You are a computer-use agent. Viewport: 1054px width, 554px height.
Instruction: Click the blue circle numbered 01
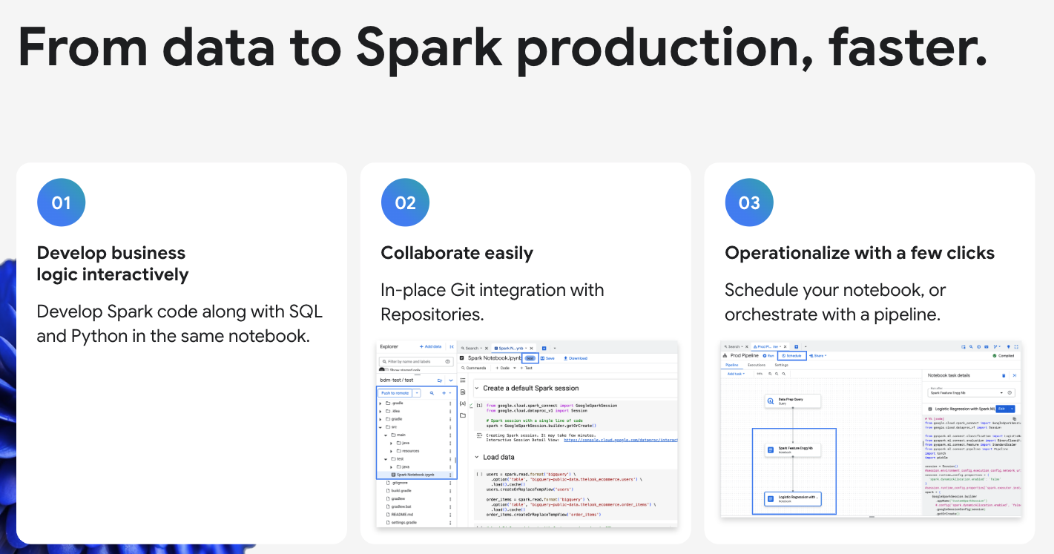coord(61,202)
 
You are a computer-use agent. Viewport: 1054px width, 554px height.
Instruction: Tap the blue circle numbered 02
coord(405,202)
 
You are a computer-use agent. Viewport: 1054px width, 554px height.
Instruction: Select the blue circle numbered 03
coord(749,202)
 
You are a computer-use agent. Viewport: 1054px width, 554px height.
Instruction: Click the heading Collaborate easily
coord(457,253)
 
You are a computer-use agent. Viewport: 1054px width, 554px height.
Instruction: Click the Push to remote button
coord(395,393)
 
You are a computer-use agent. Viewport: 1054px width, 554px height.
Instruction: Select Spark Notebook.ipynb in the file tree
coord(415,474)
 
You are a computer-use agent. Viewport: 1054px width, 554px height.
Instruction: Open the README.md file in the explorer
coord(402,514)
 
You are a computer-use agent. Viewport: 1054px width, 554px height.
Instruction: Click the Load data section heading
coord(498,458)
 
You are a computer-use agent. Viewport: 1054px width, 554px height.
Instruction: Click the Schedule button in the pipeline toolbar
coord(791,356)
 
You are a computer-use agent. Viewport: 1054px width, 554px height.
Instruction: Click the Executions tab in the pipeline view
coord(756,365)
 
